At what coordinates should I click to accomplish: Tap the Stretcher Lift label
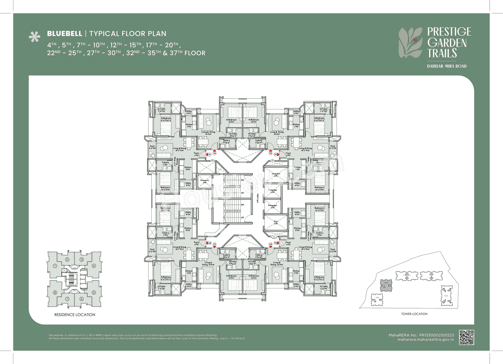(x=276, y=174)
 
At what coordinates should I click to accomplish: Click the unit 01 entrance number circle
(x=210, y=155)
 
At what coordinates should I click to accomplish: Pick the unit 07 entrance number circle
(x=215, y=244)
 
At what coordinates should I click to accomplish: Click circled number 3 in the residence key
(x=81, y=259)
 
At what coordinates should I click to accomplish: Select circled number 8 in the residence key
(x=55, y=292)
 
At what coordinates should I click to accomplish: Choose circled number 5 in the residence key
(x=94, y=292)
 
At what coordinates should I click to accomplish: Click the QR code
(x=466, y=337)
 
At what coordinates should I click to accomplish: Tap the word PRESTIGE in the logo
(x=449, y=32)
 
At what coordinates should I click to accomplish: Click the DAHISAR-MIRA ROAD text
(x=447, y=66)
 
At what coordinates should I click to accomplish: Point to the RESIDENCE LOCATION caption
(x=75, y=315)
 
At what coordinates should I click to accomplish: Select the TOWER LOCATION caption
(x=414, y=314)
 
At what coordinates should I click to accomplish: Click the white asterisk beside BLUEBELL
(x=35, y=37)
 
